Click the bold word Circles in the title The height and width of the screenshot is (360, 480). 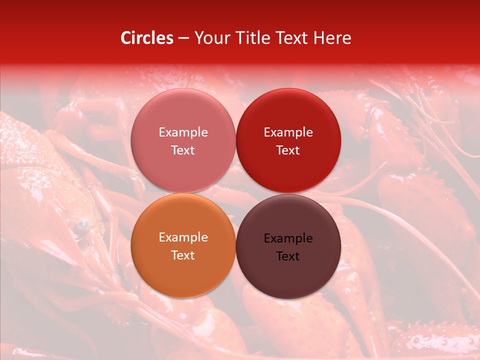[x=147, y=38]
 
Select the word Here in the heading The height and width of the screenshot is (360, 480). [x=332, y=38]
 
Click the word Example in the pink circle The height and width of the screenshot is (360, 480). [x=183, y=132]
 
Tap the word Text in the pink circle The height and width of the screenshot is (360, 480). [x=183, y=150]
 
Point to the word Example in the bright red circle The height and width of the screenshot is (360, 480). [x=288, y=132]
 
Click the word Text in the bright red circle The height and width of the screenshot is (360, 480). [x=288, y=150]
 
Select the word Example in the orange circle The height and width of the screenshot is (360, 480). [x=183, y=237]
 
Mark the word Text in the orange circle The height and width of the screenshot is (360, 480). [x=183, y=255]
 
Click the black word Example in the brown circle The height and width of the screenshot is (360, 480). [x=288, y=238]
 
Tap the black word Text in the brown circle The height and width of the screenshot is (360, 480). [x=288, y=256]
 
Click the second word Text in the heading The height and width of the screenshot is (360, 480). [x=291, y=38]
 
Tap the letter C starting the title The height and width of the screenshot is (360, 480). [x=125, y=38]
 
